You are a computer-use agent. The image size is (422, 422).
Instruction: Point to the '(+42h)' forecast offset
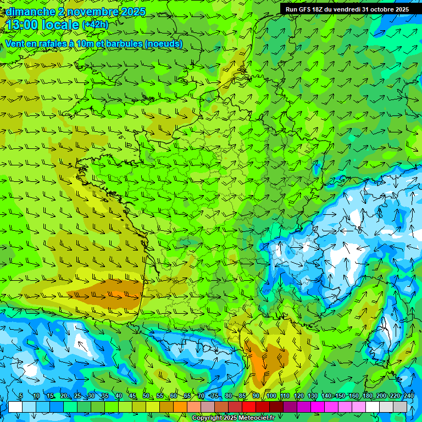(95, 25)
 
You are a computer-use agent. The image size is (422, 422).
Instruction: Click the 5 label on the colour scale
(21, 396)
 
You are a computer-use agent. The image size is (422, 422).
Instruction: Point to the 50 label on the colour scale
(146, 396)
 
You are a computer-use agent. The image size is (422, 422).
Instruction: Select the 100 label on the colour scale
(271, 396)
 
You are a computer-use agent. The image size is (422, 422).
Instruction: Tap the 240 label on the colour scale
(409, 396)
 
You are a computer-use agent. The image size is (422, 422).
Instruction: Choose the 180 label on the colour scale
(367, 396)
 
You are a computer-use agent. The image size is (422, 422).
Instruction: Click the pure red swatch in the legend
(249, 407)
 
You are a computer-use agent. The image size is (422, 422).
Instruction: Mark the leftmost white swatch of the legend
(15, 407)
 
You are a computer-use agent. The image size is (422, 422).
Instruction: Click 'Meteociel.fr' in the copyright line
(257, 418)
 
